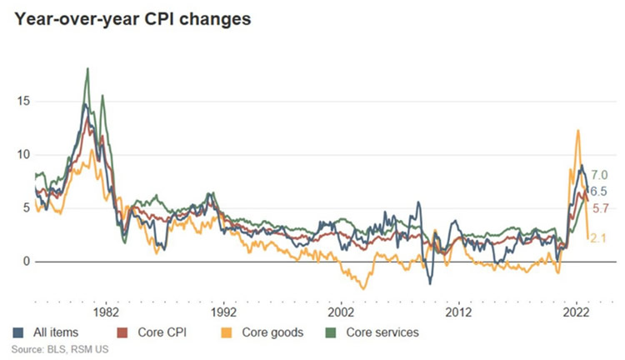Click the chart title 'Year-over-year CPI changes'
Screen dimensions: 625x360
point(132,19)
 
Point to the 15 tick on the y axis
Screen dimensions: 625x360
point(23,102)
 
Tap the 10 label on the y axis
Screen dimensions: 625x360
point(23,155)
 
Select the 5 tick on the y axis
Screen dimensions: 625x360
point(27,208)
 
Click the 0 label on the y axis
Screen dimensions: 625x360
point(27,262)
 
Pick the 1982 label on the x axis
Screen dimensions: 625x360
point(106,312)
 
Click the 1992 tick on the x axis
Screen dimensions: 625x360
point(223,312)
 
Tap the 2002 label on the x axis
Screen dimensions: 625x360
point(341,312)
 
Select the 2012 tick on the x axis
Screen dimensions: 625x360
point(458,312)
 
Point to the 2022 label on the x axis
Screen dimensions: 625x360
point(576,312)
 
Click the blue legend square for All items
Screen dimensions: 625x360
point(18,332)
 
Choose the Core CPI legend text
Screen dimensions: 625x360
point(162,332)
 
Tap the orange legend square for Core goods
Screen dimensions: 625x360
point(227,332)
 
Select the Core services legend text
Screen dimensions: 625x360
point(382,332)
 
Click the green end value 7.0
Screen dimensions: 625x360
point(599,175)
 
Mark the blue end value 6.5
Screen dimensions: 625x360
point(598,192)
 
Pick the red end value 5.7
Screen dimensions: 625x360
point(600,208)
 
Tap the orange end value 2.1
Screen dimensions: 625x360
point(597,238)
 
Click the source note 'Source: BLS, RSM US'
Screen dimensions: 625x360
point(60,350)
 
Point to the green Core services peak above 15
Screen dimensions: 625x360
point(87,69)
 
